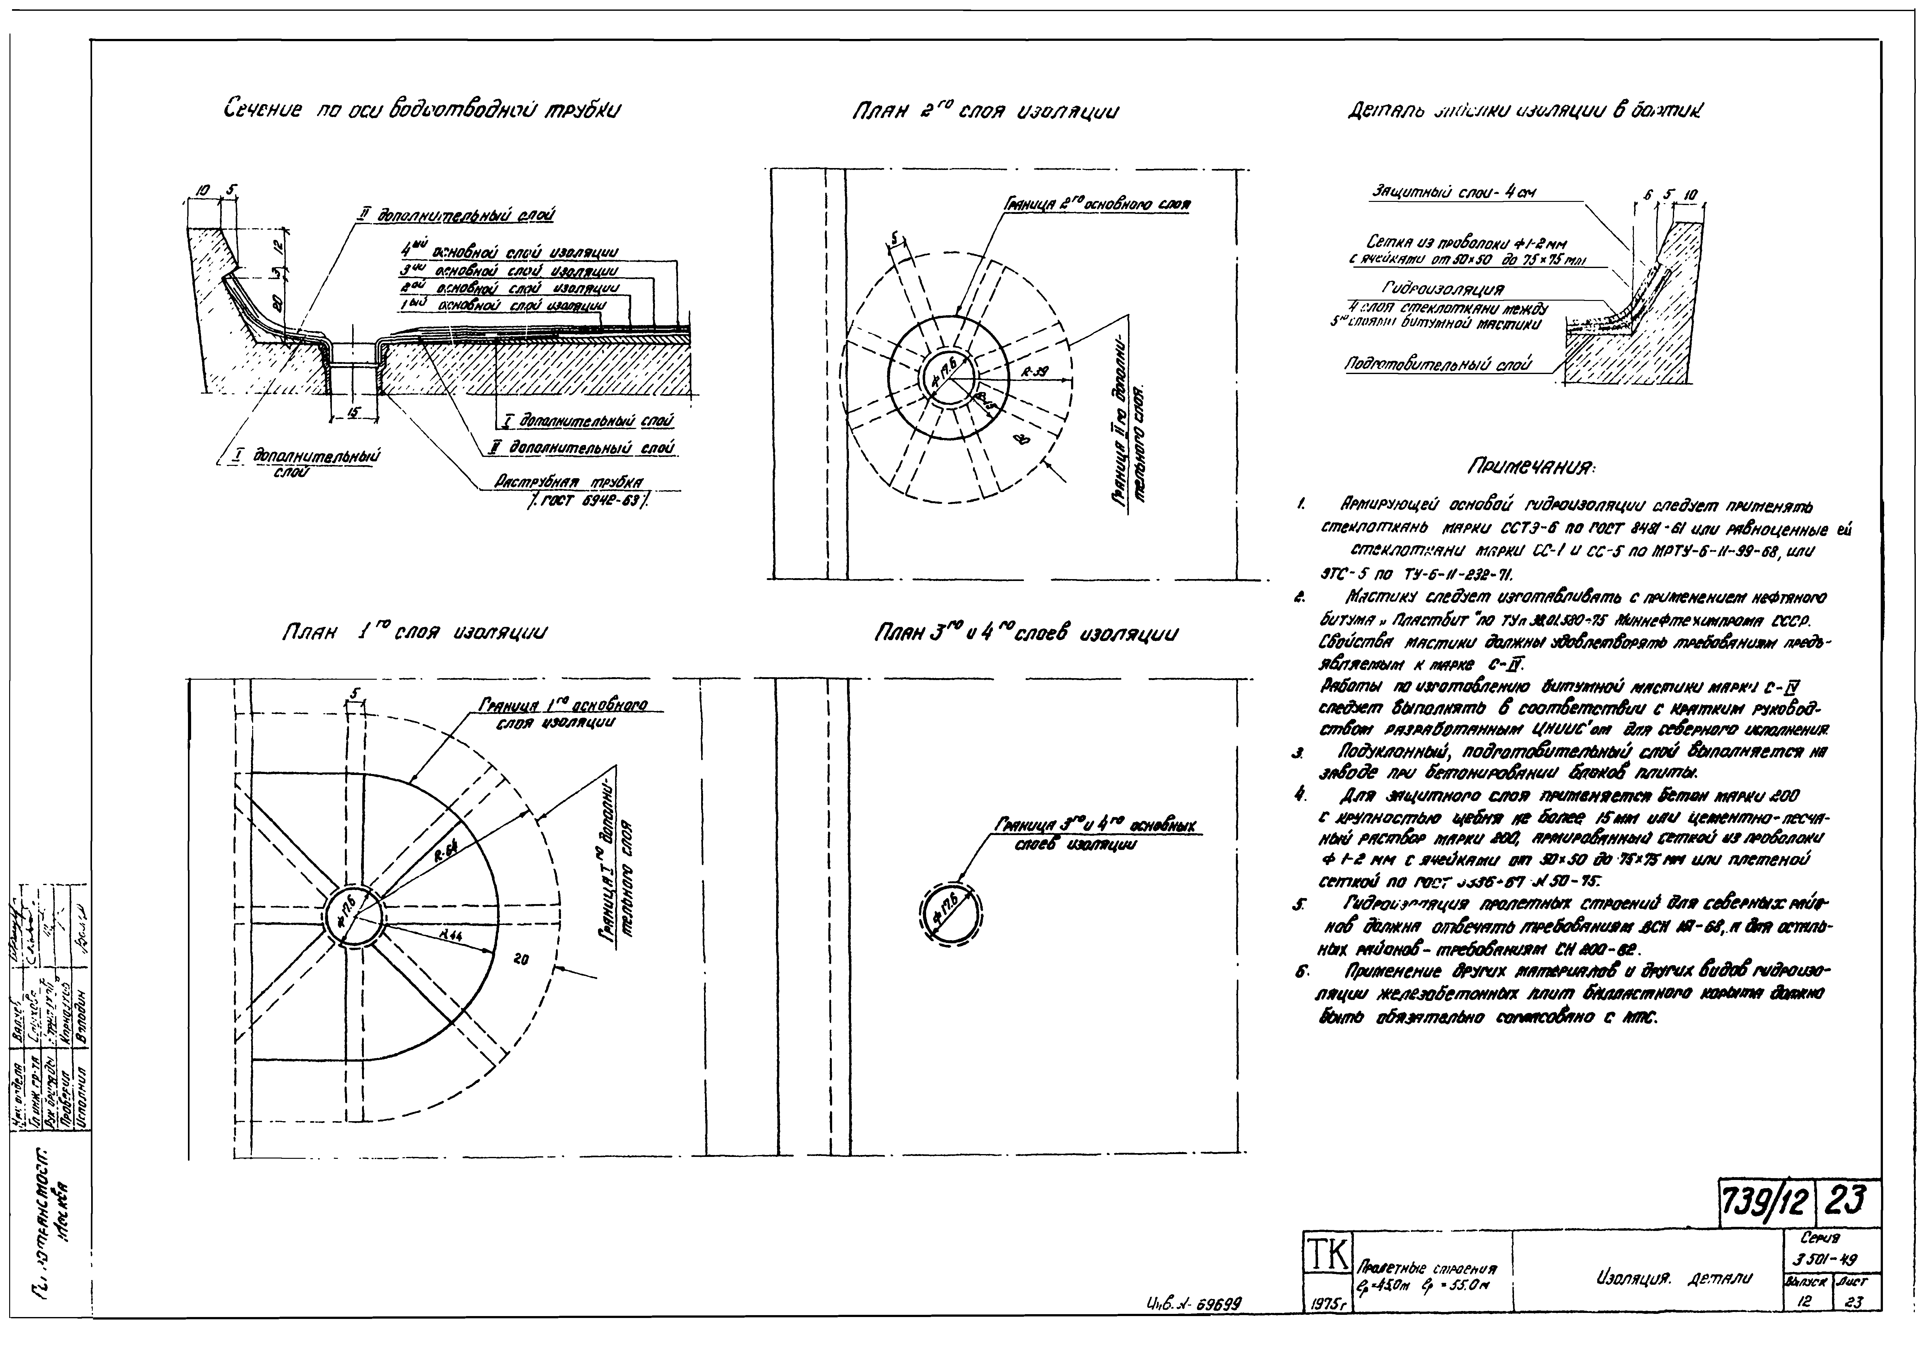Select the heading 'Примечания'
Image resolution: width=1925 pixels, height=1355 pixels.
[1532, 466]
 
